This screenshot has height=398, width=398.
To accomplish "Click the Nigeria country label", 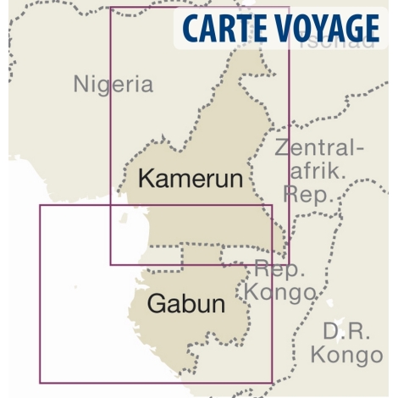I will (113, 84).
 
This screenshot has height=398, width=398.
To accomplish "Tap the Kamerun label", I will (190, 179).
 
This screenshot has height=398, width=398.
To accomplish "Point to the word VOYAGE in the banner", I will (326, 29).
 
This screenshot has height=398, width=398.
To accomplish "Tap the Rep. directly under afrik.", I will (309, 194).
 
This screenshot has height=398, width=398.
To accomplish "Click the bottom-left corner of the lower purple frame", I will (40, 383).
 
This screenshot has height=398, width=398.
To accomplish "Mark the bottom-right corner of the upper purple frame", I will (289, 264).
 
